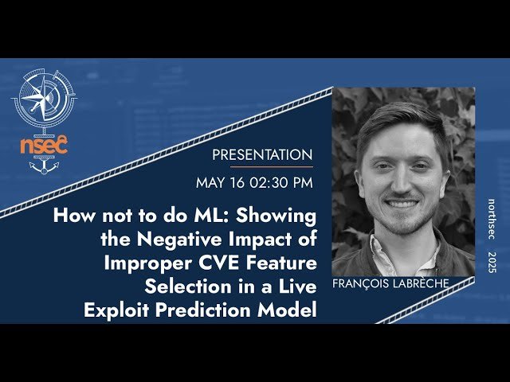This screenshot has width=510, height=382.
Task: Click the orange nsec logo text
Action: [x=44, y=146]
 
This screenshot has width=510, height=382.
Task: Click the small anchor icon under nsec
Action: [x=44, y=167]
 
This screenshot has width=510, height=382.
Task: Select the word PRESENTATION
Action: [x=262, y=154]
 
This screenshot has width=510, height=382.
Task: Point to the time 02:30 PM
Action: [x=282, y=183]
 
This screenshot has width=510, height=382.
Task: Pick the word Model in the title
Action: [x=284, y=310]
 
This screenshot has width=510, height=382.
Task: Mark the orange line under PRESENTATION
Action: [x=262, y=167]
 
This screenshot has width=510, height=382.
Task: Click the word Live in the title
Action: [x=297, y=286]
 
